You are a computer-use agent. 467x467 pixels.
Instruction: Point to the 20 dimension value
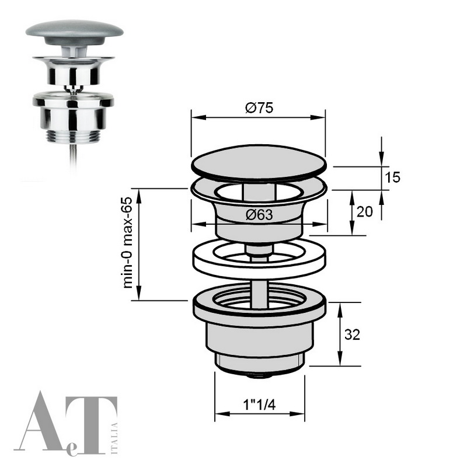[x=364, y=212]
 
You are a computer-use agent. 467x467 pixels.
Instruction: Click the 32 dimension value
[x=352, y=334]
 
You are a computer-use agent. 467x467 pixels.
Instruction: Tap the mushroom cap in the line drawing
[x=259, y=163]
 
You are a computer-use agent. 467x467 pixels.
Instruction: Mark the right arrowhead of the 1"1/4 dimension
[x=303, y=414]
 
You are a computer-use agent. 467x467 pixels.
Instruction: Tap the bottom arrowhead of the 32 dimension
[x=341, y=362]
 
